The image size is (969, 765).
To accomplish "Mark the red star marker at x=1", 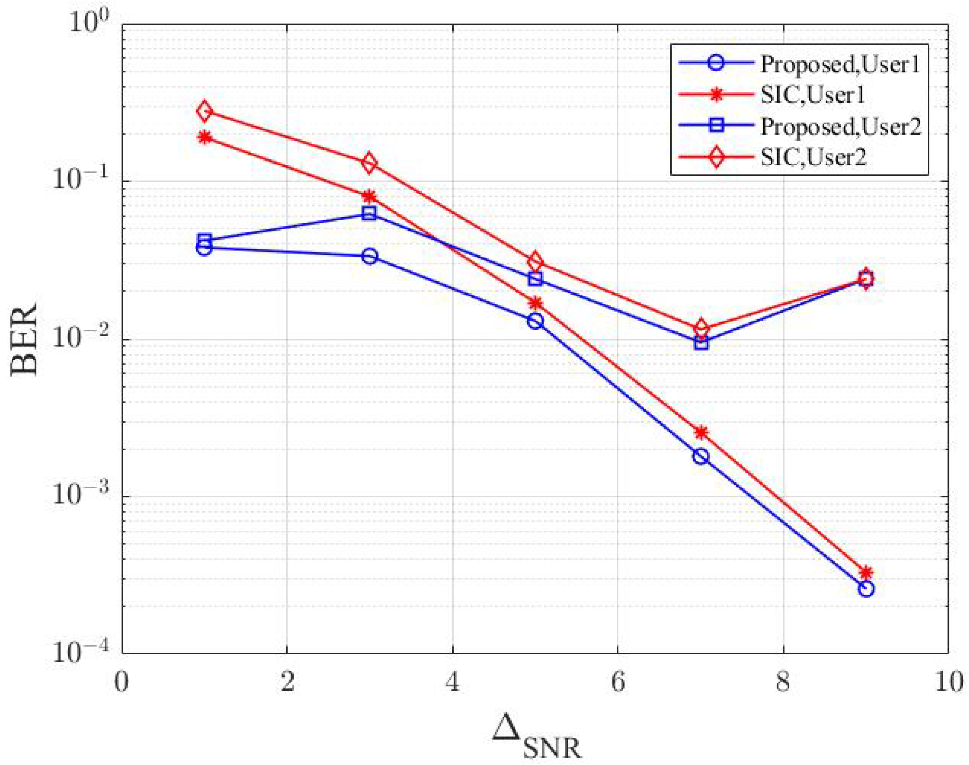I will (x=205, y=137).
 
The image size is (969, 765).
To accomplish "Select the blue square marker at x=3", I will (x=369, y=213).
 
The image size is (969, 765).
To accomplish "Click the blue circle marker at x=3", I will (x=369, y=256).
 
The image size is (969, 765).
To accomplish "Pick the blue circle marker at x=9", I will (x=866, y=588).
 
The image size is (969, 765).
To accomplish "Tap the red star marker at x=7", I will (x=701, y=432).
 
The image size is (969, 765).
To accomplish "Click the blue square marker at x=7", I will (x=701, y=343).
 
